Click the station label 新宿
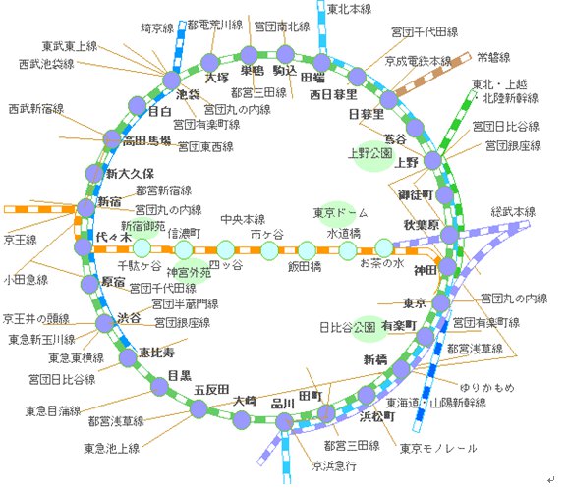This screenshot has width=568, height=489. point(110,201)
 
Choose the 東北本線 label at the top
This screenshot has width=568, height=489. point(349,9)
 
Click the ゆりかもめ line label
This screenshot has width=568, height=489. point(485,387)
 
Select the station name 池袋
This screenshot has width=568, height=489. point(188,94)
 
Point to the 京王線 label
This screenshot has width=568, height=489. point(20,239)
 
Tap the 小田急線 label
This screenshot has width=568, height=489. point(26,279)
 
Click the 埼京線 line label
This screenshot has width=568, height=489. point(158,29)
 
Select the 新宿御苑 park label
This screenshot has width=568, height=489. point(143,226)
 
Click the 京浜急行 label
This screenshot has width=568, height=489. point(334,464)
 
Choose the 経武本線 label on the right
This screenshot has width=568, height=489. point(513,211)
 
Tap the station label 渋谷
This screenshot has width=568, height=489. point(129,318)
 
